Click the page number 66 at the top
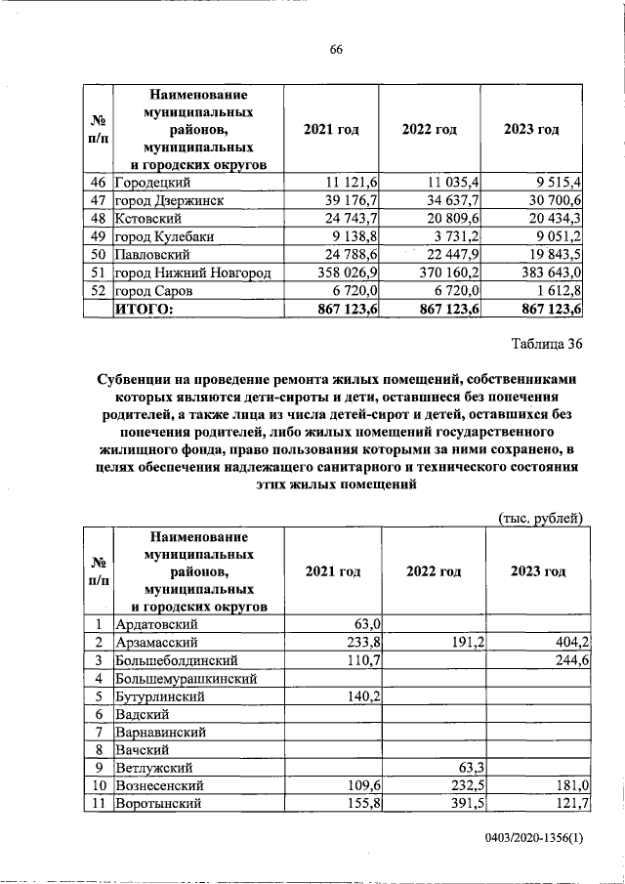pyautogui.click(x=335, y=50)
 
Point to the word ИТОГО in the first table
pyautogui.click(x=144, y=310)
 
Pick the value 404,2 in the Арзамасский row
pyautogui.click(x=562, y=643)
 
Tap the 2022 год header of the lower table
pyautogui.click(x=434, y=571)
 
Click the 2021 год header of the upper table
pyautogui.click(x=331, y=130)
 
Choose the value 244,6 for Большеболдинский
pyautogui.click(x=562, y=660)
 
